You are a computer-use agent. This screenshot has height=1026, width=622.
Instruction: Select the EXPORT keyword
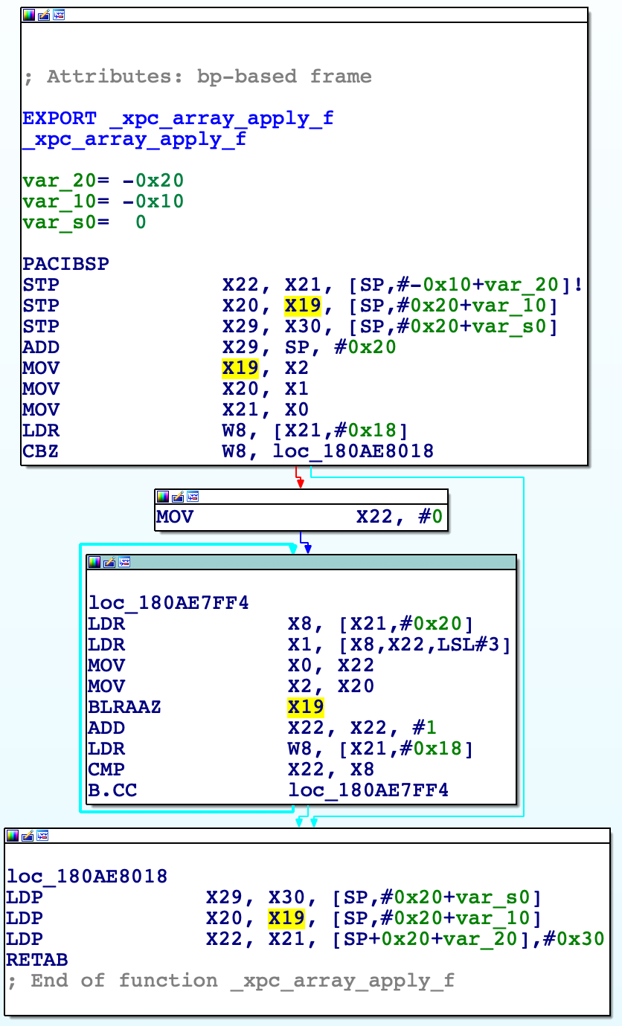tap(60, 118)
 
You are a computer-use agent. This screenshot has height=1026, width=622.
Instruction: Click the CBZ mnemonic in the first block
tap(41, 451)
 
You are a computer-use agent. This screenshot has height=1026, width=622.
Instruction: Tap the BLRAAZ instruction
tap(124, 707)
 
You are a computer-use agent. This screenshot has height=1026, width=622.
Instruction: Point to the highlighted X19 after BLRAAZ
tap(306, 707)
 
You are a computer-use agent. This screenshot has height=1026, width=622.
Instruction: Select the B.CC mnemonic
tap(112, 790)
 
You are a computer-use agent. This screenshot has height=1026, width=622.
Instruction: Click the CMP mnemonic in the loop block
tap(106, 769)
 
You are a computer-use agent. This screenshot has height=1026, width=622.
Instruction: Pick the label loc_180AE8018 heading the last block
tap(87, 877)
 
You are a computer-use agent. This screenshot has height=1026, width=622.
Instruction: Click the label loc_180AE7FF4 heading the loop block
tap(168, 603)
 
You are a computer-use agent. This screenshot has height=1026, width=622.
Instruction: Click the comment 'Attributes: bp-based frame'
tap(208, 77)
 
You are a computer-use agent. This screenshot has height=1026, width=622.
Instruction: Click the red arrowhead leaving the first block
tap(300, 483)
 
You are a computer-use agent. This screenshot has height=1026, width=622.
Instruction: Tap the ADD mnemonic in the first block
tap(41, 347)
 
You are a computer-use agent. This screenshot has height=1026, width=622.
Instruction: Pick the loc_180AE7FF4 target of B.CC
tap(368, 790)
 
